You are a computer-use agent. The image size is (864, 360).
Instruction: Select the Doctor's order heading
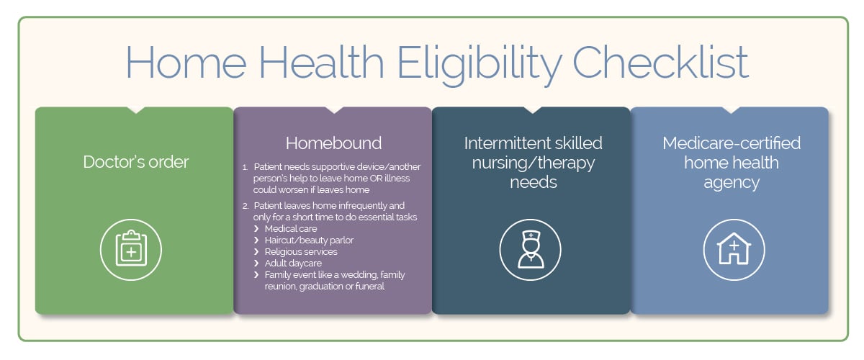(136, 162)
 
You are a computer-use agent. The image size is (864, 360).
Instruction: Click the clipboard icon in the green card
(130, 249)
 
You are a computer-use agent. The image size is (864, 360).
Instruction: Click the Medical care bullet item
(291, 228)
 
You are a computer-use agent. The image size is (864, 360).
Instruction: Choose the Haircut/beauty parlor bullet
(309, 240)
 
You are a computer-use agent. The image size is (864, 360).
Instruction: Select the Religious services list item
(301, 251)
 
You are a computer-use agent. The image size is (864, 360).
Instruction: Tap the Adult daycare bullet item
(293, 263)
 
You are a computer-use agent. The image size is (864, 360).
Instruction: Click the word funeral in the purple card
(368, 286)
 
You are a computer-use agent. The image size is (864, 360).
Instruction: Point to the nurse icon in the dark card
(529, 249)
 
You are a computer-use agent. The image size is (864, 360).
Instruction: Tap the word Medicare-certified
(732, 143)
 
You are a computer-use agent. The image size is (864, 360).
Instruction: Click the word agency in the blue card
(732, 183)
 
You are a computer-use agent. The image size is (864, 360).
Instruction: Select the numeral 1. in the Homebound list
(245, 167)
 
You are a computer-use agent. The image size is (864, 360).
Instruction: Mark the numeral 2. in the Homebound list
(245, 206)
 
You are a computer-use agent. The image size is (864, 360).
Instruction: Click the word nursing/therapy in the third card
(534, 163)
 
